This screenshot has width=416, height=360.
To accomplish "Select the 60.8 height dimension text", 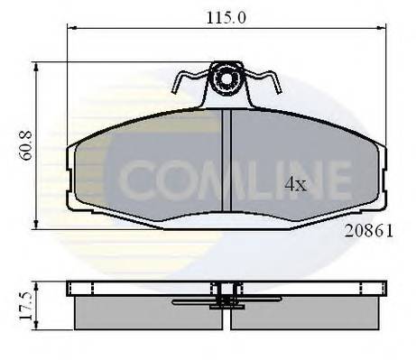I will pyautogui.click(x=18, y=143).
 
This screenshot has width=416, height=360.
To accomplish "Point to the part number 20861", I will pyautogui.click(x=367, y=230).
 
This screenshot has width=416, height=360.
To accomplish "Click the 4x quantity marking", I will pyautogui.click(x=295, y=185).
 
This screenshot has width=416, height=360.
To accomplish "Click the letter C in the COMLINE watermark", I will pyautogui.click(x=135, y=180).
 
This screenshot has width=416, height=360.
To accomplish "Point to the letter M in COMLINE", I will pyautogui.click(x=213, y=180).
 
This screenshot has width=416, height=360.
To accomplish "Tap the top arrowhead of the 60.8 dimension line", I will pyautogui.click(x=35, y=66).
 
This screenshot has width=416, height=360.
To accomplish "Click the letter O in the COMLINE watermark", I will pyautogui.click(x=172, y=180).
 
